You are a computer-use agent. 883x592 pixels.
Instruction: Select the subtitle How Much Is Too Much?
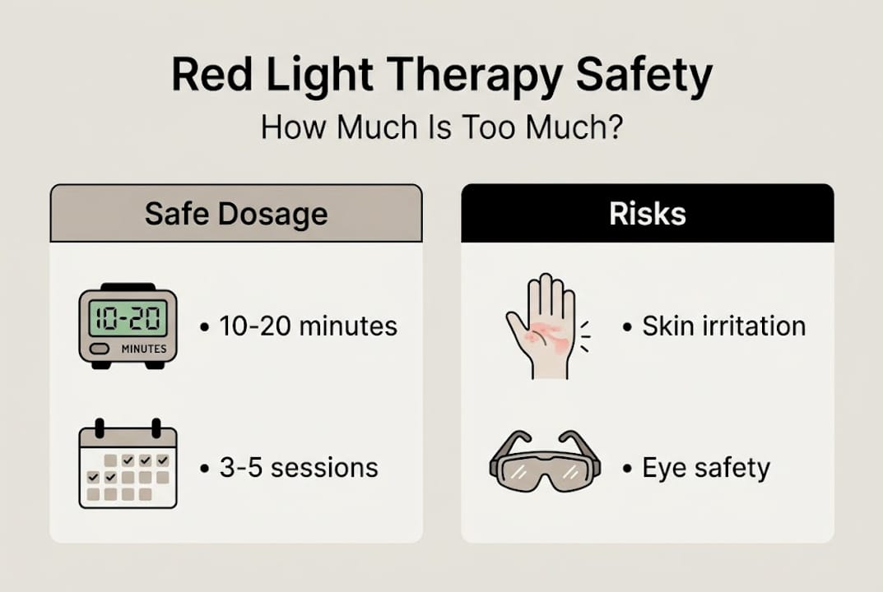441,128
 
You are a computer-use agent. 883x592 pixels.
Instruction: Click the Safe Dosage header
236,214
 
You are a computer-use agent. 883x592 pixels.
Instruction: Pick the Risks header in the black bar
648,214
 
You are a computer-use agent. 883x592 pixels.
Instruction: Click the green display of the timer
128,317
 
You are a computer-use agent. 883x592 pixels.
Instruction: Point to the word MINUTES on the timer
143,349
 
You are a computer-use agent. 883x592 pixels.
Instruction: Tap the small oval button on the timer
99,349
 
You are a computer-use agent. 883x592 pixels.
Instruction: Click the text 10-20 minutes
308,326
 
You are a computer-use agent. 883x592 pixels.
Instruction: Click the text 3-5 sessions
299,468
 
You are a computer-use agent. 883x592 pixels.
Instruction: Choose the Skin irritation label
723,326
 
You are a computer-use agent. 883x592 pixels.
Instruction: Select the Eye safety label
706,468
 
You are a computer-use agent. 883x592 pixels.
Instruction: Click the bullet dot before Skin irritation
627,327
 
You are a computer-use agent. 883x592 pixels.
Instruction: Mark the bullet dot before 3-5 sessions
205,469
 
